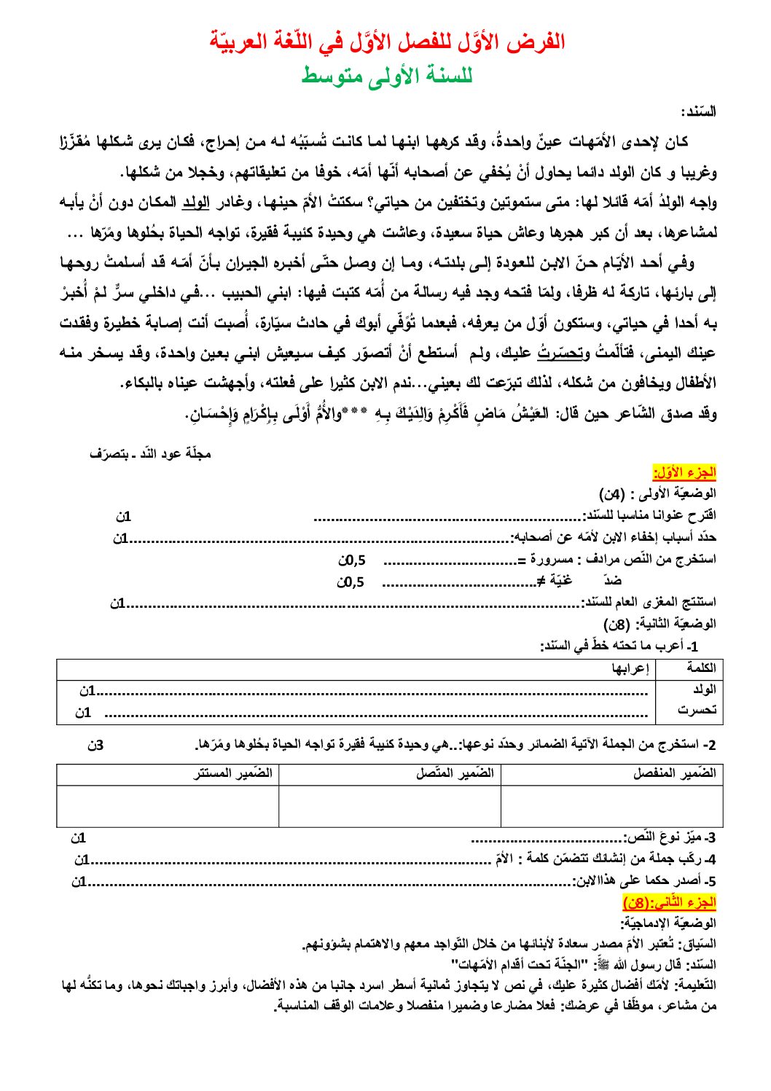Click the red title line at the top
pyautogui.click(x=387, y=42)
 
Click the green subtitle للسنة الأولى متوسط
pyautogui.click(x=387, y=75)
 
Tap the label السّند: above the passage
pyautogui.click(x=698, y=112)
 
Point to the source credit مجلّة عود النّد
pyautogui.click(x=151, y=453)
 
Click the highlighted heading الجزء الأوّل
pyautogui.click(x=684, y=472)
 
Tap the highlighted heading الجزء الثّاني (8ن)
pyautogui.click(x=670, y=902)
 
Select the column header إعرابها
pyautogui.click(x=630, y=668)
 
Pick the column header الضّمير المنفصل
pyautogui.click(x=674, y=773)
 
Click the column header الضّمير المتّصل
pyautogui.click(x=455, y=773)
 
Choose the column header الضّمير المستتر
pyautogui.click(x=233, y=773)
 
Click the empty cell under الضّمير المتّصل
pyautogui.click(x=390, y=805)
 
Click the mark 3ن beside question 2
pyautogui.click(x=95, y=745)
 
